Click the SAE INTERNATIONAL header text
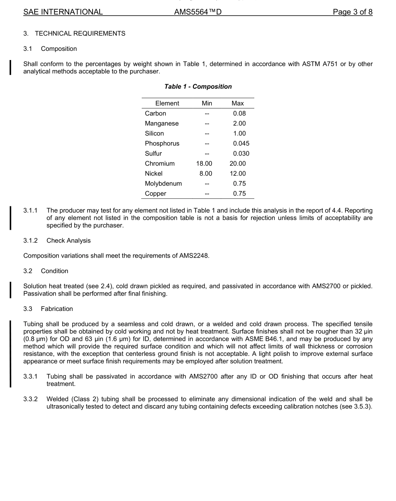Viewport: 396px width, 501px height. pyautogui.click(x=63, y=12)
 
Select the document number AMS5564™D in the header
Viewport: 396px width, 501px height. pyautogui.click(x=198, y=12)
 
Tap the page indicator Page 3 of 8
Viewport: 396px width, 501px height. pyautogui.click(x=352, y=12)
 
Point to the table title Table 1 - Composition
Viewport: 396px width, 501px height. pyautogui.click(x=198, y=87)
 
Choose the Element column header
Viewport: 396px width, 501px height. pyautogui.click(x=167, y=103)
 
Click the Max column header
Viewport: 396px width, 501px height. pyautogui.click(x=238, y=103)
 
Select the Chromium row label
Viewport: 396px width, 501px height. pyautogui.click(x=160, y=163)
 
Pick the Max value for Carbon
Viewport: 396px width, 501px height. pyautogui.click(x=239, y=113)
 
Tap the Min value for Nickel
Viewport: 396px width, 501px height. pyautogui.click(x=206, y=173)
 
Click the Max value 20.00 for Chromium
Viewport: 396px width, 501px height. pyautogui.click(x=238, y=163)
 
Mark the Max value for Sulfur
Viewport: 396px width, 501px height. pyautogui.click(x=241, y=153)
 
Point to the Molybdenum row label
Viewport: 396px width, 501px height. pyautogui.click(x=163, y=183)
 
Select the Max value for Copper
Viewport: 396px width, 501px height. pyautogui.click(x=239, y=193)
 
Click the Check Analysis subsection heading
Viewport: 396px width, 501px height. pyautogui.click(x=68, y=240)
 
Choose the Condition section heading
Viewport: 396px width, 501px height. pyautogui.click(x=55, y=271)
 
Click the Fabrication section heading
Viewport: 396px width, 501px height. pyautogui.click(x=57, y=309)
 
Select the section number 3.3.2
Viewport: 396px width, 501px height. pyautogui.click(x=30, y=399)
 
